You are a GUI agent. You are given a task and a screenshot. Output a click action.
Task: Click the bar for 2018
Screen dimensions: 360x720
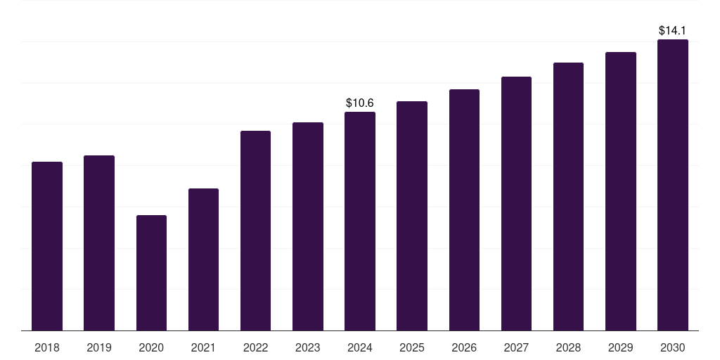coord(47,246)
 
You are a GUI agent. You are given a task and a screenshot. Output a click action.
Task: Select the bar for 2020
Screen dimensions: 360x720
coord(151,273)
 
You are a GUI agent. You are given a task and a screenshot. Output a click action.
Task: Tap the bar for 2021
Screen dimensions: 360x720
coord(203,259)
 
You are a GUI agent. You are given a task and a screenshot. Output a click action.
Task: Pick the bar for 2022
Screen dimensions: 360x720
coord(255,231)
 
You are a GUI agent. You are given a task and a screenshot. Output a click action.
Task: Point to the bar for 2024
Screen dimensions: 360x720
coord(360,221)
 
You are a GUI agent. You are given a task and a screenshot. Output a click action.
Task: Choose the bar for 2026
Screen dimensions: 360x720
coord(464,210)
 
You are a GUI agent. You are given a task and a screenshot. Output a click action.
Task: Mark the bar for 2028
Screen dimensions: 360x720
coord(568,197)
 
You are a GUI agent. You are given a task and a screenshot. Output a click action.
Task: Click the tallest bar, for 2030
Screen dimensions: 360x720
coord(673,185)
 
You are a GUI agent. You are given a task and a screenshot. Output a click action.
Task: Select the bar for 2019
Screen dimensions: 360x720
coord(99,243)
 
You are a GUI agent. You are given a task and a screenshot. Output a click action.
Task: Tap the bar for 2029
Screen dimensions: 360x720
coord(621,191)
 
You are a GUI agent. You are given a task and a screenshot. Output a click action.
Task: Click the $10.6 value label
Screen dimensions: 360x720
coord(360,103)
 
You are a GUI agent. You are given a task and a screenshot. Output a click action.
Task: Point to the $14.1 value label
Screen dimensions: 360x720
coord(673,31)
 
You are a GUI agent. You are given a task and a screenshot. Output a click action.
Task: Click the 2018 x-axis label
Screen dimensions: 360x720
coord(47,347)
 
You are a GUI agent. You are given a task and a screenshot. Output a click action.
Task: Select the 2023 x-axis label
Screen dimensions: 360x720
coord(308,347)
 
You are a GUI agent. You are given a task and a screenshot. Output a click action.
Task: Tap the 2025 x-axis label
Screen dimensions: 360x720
coord(412,347)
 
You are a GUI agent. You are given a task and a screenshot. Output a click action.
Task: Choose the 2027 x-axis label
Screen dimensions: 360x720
coord(516,347)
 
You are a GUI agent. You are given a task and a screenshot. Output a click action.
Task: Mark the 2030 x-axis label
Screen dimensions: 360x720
coord(673,347)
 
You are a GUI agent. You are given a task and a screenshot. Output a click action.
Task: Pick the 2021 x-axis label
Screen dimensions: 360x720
coord(203,347)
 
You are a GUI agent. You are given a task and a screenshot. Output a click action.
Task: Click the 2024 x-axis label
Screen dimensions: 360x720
coord(360,347)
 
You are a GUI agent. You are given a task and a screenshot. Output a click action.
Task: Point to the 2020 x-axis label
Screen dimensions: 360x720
coord(151,347)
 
